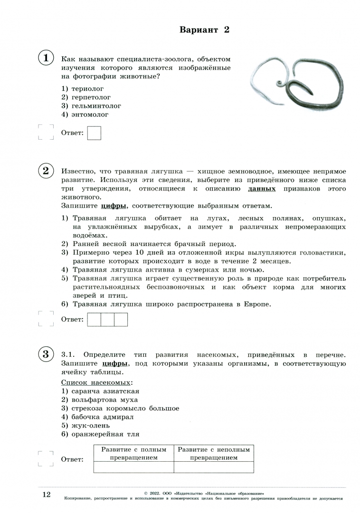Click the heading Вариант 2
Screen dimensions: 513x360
click(x=204, y=30)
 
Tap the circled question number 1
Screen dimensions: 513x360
click(x=46, y=58)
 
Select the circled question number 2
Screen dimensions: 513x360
click(x=46, y=171)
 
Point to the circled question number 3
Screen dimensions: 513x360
click(x=46, y=354)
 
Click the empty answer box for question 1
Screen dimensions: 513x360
click(x=95, y=133)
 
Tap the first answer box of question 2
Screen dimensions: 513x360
click(x=95, y=320)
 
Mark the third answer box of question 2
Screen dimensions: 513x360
click(x=121, y=320)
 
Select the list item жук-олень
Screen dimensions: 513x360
click(x=90, y=425)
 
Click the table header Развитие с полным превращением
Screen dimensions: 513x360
click(x=133, y=453)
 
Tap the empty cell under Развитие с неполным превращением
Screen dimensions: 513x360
click(x=213, y=467)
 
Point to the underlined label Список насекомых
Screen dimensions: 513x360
click(x=97, y=382)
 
